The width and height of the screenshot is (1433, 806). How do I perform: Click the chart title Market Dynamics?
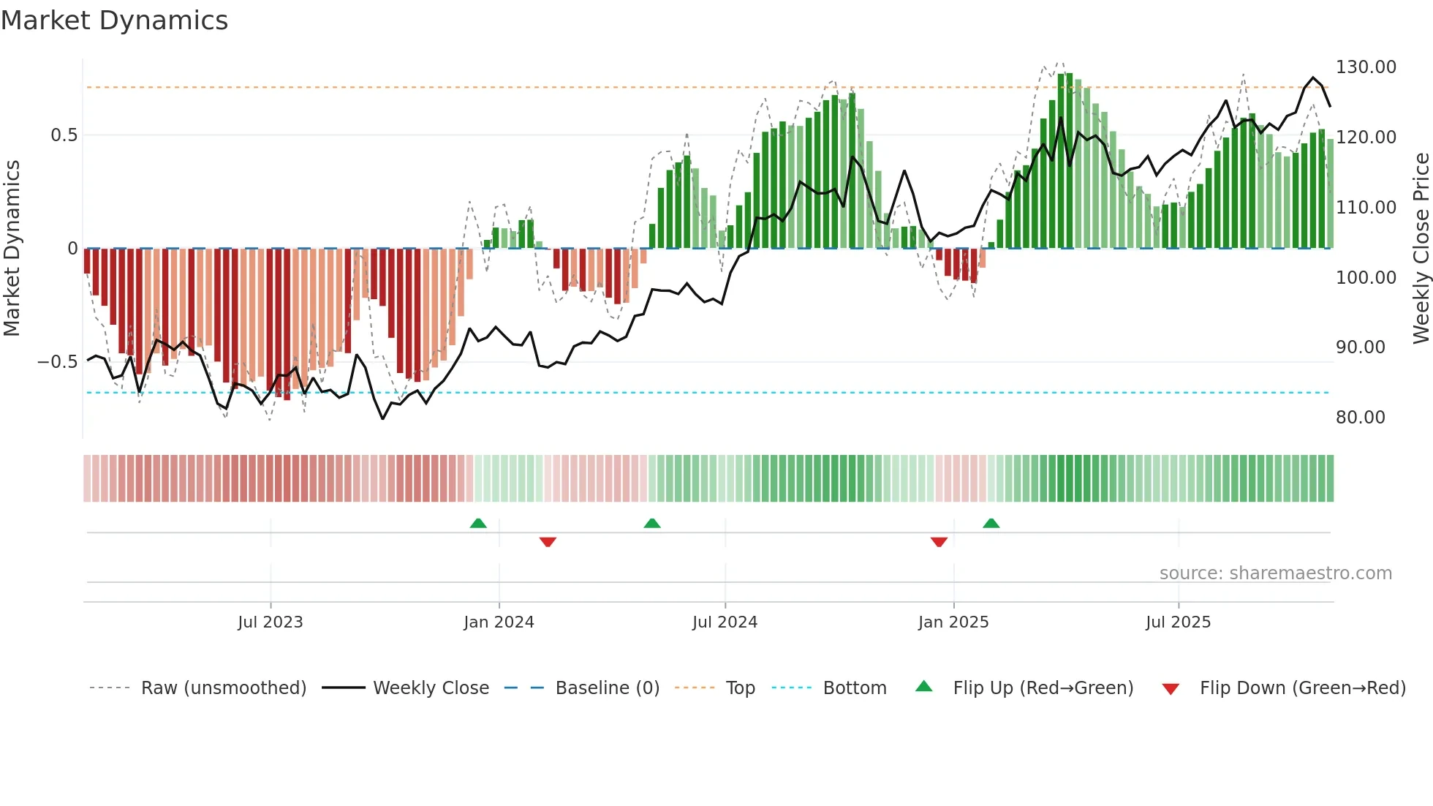click(x=114, y=20)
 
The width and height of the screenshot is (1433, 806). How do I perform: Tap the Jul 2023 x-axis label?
click(x=270, y=622)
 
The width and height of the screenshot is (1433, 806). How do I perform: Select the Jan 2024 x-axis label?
click(x=499, y=622)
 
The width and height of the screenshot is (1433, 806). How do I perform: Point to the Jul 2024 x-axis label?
click(x=725, y=622)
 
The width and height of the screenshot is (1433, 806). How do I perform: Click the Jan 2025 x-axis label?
click(x=953, y=622)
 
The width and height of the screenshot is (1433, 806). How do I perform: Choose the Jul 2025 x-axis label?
click(x=1178, y=622)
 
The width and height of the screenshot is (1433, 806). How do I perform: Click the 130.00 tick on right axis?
click(x=1366, y=67)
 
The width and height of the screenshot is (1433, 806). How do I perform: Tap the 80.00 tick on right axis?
click(x=1361, y=418)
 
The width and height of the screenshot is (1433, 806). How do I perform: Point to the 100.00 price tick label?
click(x=1366, y=278)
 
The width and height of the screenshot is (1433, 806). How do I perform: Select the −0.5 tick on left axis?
click(x=58, y=362)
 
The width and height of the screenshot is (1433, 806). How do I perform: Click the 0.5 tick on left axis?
click(x=64, y=135)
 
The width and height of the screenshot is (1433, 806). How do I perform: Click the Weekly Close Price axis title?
click(x=1421, y=248)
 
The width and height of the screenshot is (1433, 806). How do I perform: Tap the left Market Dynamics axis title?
click(x=12, y=248)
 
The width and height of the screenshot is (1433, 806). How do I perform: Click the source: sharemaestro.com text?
click(x=1275, y=573)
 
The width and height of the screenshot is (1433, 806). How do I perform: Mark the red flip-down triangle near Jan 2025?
click(x=939, y=542)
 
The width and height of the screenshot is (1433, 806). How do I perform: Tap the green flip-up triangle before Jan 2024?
click(x=478, y=523)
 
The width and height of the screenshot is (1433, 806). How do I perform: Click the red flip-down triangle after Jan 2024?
click(x=548, y=542)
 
